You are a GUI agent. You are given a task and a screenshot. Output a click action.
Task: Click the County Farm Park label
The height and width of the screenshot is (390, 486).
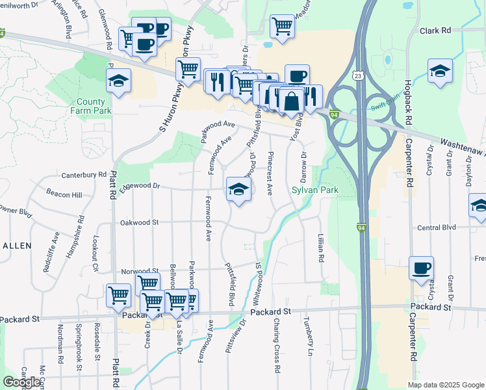click(x=91, y=106)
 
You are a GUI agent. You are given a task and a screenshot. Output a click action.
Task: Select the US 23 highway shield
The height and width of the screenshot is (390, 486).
click(x=358, y=76)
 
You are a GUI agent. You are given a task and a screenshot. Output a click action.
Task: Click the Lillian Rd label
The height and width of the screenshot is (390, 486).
click(x=321, y=248)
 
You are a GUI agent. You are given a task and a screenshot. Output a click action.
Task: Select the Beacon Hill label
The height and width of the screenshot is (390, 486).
click(x=64, y=194)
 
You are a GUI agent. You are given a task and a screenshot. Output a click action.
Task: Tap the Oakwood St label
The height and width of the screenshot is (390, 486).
click(x=139, y=222)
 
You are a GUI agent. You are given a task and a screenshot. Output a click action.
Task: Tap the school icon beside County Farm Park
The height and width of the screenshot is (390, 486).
click(x=118, y=81)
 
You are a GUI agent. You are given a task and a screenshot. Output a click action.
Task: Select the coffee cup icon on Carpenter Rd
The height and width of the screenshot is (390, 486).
click(x=421, y=268)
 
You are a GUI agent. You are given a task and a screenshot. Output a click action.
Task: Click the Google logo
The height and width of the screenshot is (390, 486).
click(x=21, y=382)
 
